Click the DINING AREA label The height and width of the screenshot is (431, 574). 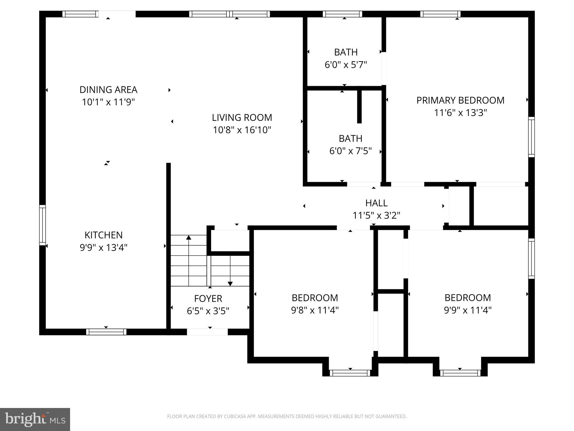(x=108, y=90)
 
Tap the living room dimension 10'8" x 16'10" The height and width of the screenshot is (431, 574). (x=242, y=130)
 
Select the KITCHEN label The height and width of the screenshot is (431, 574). (x=103, y=235)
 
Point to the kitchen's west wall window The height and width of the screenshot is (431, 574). (x=42, y=225)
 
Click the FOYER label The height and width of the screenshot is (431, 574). (x=208, y=298)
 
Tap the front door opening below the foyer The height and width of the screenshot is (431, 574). (x=207, y=332)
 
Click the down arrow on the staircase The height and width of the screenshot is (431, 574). (x=230, y=283)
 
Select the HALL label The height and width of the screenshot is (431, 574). (x=376, y=203)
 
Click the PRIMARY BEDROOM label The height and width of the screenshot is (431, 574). (x=460, y=100)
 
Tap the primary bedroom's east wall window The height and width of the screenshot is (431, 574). (x=531, y=137)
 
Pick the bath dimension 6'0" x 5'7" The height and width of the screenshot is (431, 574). (x=346, y=65)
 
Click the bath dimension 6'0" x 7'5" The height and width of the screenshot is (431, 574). (x=350, y=151)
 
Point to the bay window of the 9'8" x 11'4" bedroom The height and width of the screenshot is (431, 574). (x=350, y=373)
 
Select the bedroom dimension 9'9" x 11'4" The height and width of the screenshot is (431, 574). (x=467, y=310)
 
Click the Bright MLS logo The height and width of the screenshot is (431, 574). (x=35, y=419)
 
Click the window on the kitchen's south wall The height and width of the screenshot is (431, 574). (x=106, y=332)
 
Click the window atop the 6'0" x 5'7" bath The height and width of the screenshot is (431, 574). (x=342, y=14)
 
